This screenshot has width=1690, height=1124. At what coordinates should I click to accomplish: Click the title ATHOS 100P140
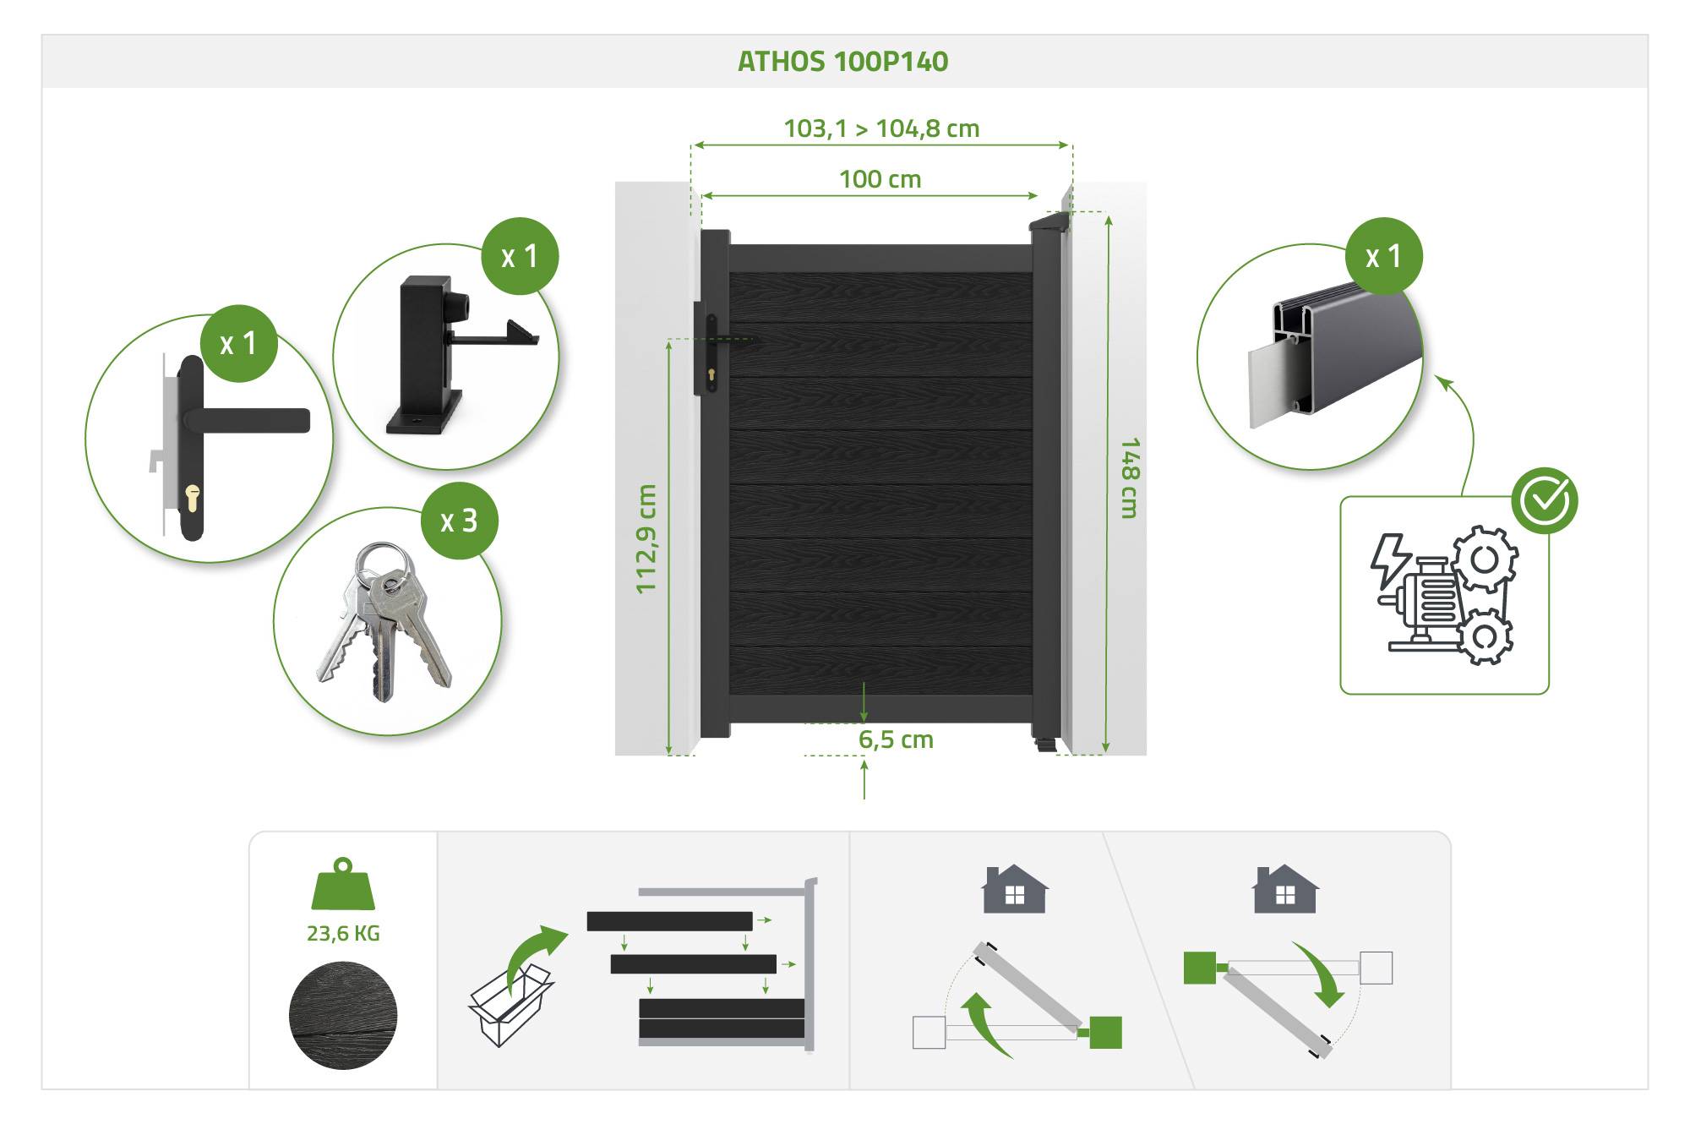click(x=842, y=62)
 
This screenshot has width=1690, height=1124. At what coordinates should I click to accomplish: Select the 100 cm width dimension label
click(x=880, y=179)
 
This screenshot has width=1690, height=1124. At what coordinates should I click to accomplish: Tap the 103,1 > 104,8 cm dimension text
click(x=881, y=128)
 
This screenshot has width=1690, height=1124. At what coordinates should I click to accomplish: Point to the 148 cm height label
click(x=1129, y=477)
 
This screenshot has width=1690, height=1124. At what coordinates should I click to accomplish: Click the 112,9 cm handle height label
click(x=646, y=539)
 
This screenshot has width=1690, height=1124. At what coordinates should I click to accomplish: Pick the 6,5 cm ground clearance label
click(x=896, y=739)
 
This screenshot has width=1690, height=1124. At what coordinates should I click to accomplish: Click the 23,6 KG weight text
click(x=343, y=933)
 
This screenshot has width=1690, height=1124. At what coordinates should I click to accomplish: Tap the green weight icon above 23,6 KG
click(x=343, y=884)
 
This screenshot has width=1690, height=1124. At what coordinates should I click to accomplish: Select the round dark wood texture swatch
click(x=343, y=1015)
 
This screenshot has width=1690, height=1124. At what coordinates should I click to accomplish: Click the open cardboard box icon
click(x=510, y=1007)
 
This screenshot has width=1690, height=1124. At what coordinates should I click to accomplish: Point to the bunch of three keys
click(x=384, y=621)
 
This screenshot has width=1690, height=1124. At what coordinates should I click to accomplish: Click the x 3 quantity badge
click(x=459, y=521)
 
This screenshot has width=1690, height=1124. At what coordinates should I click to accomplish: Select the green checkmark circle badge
click(x=1544, y=500)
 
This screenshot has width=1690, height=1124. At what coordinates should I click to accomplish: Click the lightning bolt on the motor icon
click(x=1389, y=559)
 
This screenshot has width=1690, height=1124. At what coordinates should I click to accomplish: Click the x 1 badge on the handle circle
click(x=239, y=343)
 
